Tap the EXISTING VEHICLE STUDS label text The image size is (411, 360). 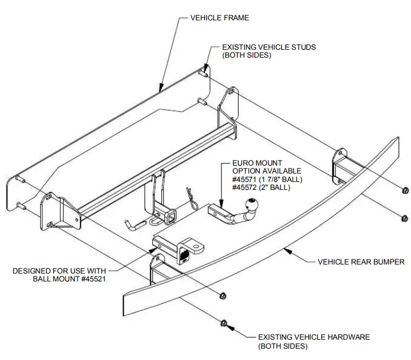269,47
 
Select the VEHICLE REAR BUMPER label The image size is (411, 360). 361,262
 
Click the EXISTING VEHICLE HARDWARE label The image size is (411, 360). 314,337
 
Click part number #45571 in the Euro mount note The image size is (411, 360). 246,179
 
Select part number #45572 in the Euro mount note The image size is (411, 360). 246,188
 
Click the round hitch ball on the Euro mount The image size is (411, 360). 249,206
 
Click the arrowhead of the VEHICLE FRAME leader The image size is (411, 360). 161,89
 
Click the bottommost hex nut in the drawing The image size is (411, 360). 224,323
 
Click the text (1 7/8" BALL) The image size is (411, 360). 283,179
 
